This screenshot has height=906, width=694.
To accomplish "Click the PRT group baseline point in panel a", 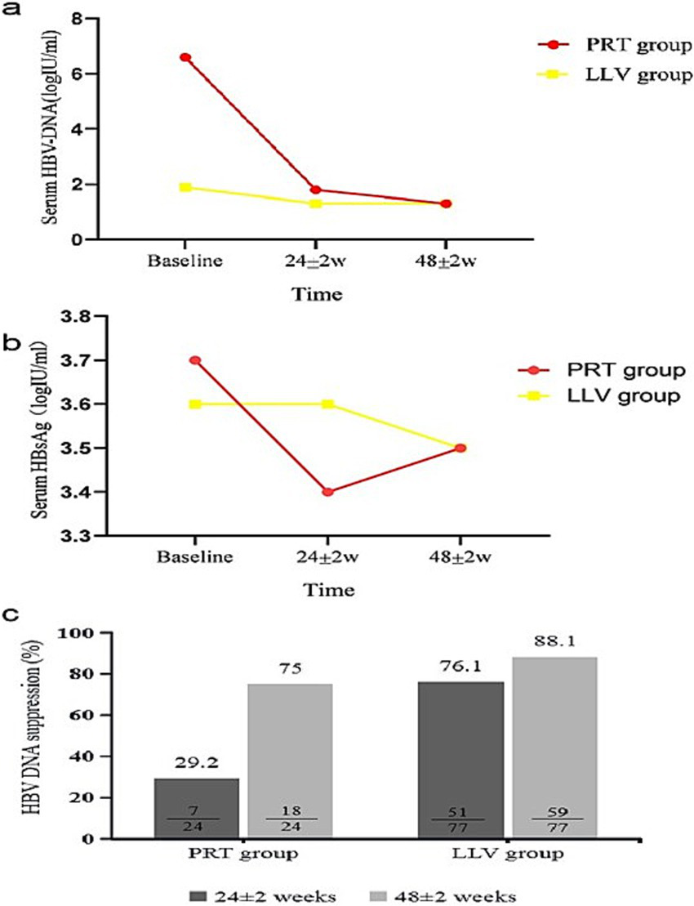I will pos(186,57).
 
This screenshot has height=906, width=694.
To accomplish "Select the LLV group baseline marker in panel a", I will pos(186,187).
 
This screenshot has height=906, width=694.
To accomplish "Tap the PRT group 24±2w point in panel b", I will pos(327,492).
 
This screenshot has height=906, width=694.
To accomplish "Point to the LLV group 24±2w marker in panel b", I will pos(327,404).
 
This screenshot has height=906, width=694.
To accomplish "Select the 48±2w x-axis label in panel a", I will pos(446,261).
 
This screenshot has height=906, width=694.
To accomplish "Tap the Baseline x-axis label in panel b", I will pos(194,558).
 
